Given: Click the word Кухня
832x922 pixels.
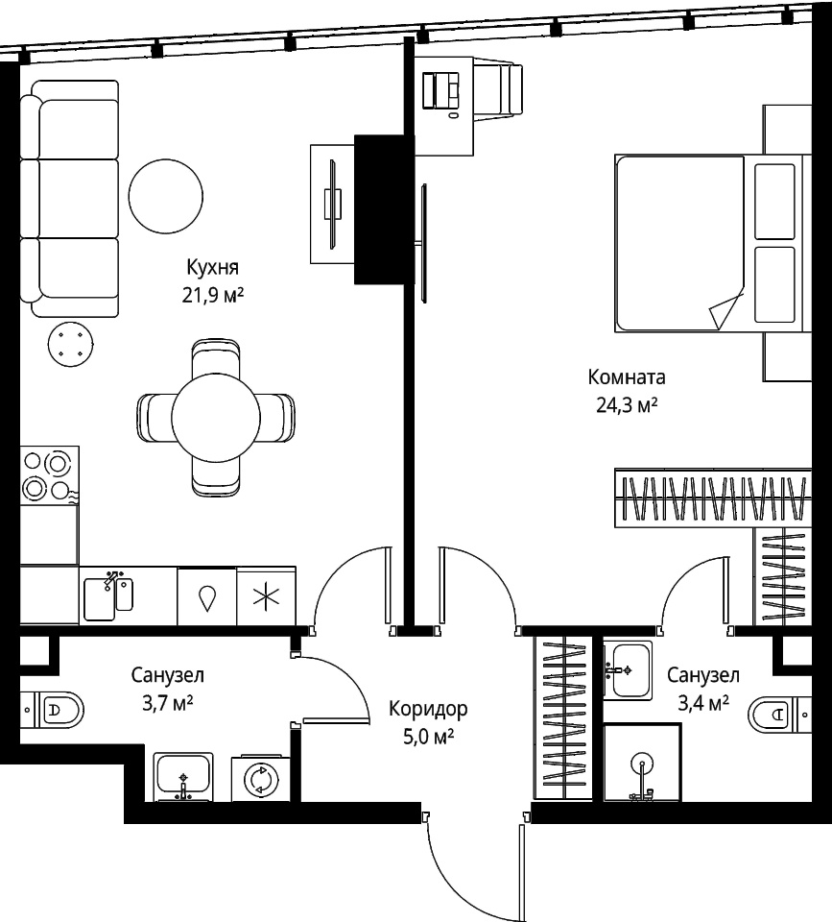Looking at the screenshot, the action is coord(213,268).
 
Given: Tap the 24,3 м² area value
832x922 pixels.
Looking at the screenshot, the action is coord(627,405).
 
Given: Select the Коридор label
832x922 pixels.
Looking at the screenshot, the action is coord(428,709).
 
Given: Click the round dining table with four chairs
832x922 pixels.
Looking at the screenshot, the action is coord(216,418).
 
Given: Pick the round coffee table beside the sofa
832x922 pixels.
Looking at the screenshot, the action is coord(166,196).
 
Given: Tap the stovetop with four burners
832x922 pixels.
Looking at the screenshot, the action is coord(49,475).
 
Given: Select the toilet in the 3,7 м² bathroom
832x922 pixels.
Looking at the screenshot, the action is coord(52,709).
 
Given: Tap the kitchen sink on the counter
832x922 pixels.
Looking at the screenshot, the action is coord(108,596).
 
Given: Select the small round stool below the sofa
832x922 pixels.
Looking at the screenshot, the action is coord(70,344).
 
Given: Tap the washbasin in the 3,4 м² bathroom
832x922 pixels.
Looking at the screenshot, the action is coord(629,670).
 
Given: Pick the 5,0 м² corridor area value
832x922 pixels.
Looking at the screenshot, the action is coord(428,737).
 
